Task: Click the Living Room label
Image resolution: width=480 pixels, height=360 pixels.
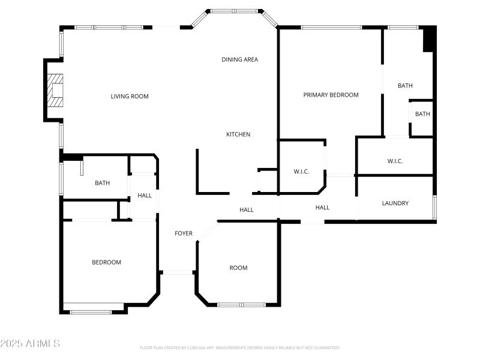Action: [130, 97]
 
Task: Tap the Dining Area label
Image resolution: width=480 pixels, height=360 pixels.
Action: [240, 59]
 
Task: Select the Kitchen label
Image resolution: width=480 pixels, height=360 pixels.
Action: [238, 134]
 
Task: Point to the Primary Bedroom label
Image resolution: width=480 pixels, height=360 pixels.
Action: [331, 95]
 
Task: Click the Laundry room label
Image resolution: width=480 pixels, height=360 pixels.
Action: [395, 203]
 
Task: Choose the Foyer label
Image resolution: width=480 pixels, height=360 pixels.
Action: [184, 233]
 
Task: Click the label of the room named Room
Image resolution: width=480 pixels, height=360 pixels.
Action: [238, 268]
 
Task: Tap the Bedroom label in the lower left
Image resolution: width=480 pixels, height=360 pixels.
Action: [106, 262]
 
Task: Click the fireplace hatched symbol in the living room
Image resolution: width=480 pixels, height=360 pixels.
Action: [56, 90]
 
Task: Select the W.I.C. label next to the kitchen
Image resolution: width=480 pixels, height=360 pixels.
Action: [301, 172]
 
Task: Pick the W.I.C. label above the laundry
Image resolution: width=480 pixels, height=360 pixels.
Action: [395, 161]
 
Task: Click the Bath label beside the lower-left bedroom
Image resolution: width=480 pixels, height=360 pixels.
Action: [102, 183]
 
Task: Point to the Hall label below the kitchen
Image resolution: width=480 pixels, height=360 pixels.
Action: [247, 210]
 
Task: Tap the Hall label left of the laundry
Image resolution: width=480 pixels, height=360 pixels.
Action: [323, 208]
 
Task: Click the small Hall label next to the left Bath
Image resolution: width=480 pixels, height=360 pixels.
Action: [145, 196]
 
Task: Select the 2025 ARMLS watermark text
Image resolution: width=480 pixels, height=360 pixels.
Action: [30, 344]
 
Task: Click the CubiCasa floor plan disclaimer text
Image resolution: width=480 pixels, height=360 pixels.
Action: [240, 347]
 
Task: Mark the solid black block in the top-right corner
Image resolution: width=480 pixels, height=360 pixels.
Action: [428, 39]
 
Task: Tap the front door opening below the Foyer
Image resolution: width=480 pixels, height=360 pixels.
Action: [178, 272]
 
